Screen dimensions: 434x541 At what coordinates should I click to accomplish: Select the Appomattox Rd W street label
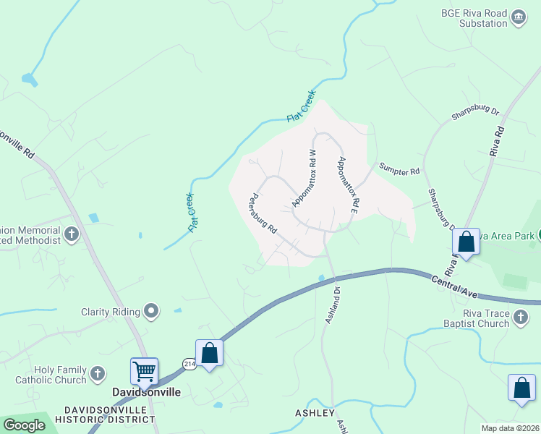(x=304, y=179)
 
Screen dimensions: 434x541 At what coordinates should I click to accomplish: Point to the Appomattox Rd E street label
(x=348, y=184)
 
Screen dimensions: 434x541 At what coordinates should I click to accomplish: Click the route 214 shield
(x=189, y=364)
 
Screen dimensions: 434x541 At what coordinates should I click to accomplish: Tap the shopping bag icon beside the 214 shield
(x=210, y=354)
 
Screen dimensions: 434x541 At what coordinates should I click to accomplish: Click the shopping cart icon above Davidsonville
(x=144, y=372)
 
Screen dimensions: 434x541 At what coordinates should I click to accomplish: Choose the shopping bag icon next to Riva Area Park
(x=467, y=242)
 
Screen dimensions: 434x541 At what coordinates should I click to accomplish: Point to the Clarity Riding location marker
(x=151, y=312)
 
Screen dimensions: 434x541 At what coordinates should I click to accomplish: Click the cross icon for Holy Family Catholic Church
(x=98, y=374)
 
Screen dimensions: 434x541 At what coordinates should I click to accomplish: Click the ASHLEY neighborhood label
(x=315, y=413)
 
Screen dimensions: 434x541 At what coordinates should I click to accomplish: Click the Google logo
(x=24, y=425)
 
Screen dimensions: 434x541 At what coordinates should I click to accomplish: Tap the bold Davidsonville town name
(x=146, y=392)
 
